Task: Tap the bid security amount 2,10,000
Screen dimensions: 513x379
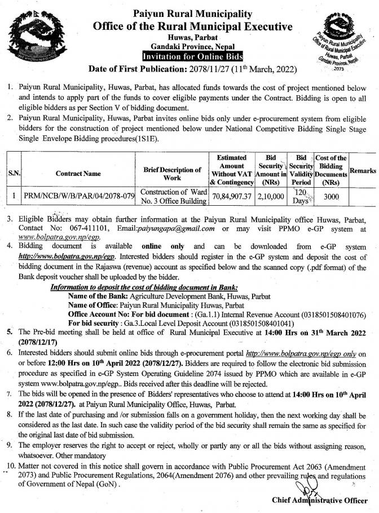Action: [267, 196]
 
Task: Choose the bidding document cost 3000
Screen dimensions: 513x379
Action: [332, 197]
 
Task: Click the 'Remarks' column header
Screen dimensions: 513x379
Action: [363, 170]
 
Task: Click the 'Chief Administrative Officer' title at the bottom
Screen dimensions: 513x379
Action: [320, 499]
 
